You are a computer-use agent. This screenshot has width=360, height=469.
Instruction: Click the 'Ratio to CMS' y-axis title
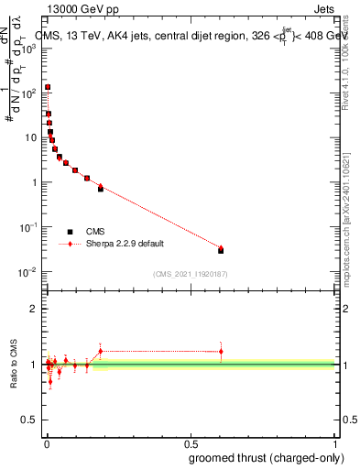(x=14, y=365)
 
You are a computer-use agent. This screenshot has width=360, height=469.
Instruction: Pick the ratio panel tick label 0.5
(x=29, y=420)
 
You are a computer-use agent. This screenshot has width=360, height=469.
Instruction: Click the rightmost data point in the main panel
(x=221, y=250)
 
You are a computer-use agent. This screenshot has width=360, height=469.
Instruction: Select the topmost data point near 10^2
(x=48, y=88)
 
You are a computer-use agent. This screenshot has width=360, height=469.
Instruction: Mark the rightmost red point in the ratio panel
(x=221, y=352)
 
